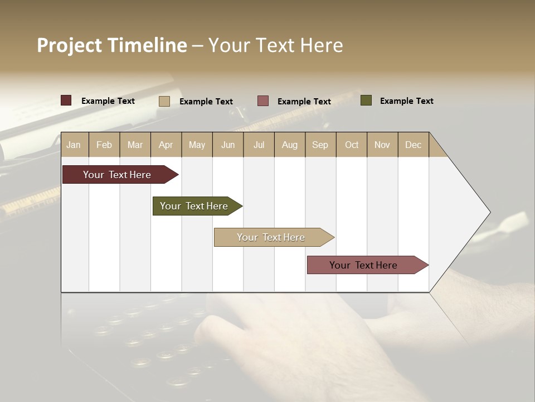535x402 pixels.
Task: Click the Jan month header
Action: tap(74, 145)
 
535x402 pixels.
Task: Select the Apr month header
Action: tap(166, 145)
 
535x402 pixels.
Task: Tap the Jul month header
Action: tap(259, 145)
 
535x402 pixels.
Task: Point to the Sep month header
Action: tap(320, 145)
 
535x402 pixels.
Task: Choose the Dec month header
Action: tap(413, 145)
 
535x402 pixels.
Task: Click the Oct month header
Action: tap(352, 145)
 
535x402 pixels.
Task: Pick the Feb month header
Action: tap(104, 145)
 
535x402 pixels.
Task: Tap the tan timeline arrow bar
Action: tap(271, 237)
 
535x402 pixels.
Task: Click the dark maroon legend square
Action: tap(66, 100)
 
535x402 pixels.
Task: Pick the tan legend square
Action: tap(164, 101)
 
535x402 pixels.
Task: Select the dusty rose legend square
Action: tap(263, 101)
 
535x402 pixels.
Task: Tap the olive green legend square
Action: tap(366, 100)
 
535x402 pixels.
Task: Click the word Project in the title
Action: tap(69, 45)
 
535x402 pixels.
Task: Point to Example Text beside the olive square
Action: tap(406, 101)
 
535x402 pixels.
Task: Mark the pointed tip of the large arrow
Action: tap(489, 212)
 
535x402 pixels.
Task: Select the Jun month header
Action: tap(228, 145)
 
